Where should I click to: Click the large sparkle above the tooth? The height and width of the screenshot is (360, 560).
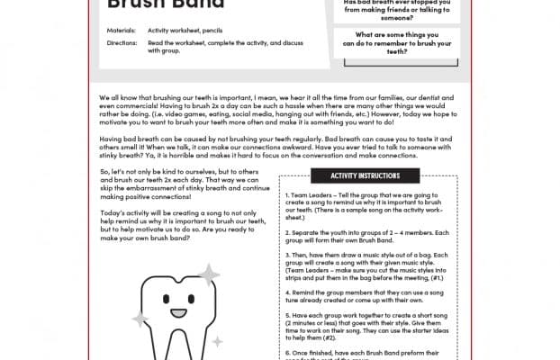pyautogui.click(x=208, y=274)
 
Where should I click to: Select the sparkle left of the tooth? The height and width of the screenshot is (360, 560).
pyautogui.click(x=140, y=317)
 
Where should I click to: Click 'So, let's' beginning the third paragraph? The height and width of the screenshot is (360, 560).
pyautogui.click(x=114, y=172)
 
